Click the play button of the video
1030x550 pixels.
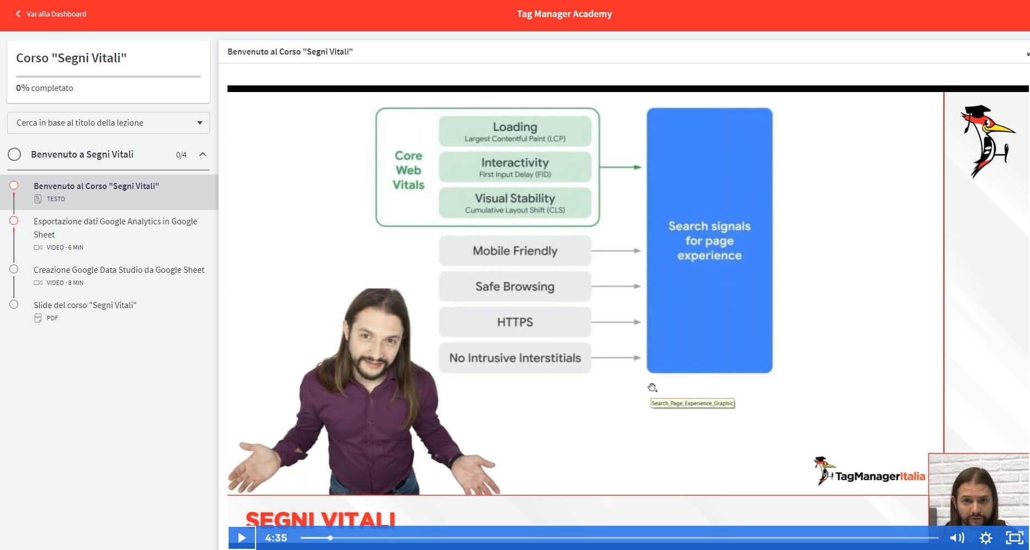(242, 537)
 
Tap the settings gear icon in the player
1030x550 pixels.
(986, 537)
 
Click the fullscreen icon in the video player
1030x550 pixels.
(1015, 537)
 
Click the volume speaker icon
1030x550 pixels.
(957, 537)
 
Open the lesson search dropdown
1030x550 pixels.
(109, 123)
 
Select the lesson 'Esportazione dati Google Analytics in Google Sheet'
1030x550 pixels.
(115, 228)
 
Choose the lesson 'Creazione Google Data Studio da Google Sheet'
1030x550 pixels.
(119, 269)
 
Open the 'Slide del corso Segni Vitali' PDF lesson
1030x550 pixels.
(85, 305)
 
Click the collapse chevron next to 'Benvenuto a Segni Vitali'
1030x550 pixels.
(203, 154)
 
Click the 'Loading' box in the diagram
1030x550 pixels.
(515, 131)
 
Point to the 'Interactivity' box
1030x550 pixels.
(515, 167)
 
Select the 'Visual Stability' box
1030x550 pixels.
(515, 203)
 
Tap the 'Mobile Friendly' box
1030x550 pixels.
(515, 251)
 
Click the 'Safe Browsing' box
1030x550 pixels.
(515, 287)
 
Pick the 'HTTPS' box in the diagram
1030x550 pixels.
(515, 322)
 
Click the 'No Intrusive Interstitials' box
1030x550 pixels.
(515, 358)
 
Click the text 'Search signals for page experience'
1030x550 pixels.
(709, 241)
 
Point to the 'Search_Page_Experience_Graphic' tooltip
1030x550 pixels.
(692, 403)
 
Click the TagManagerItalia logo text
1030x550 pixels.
(880, 476)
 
